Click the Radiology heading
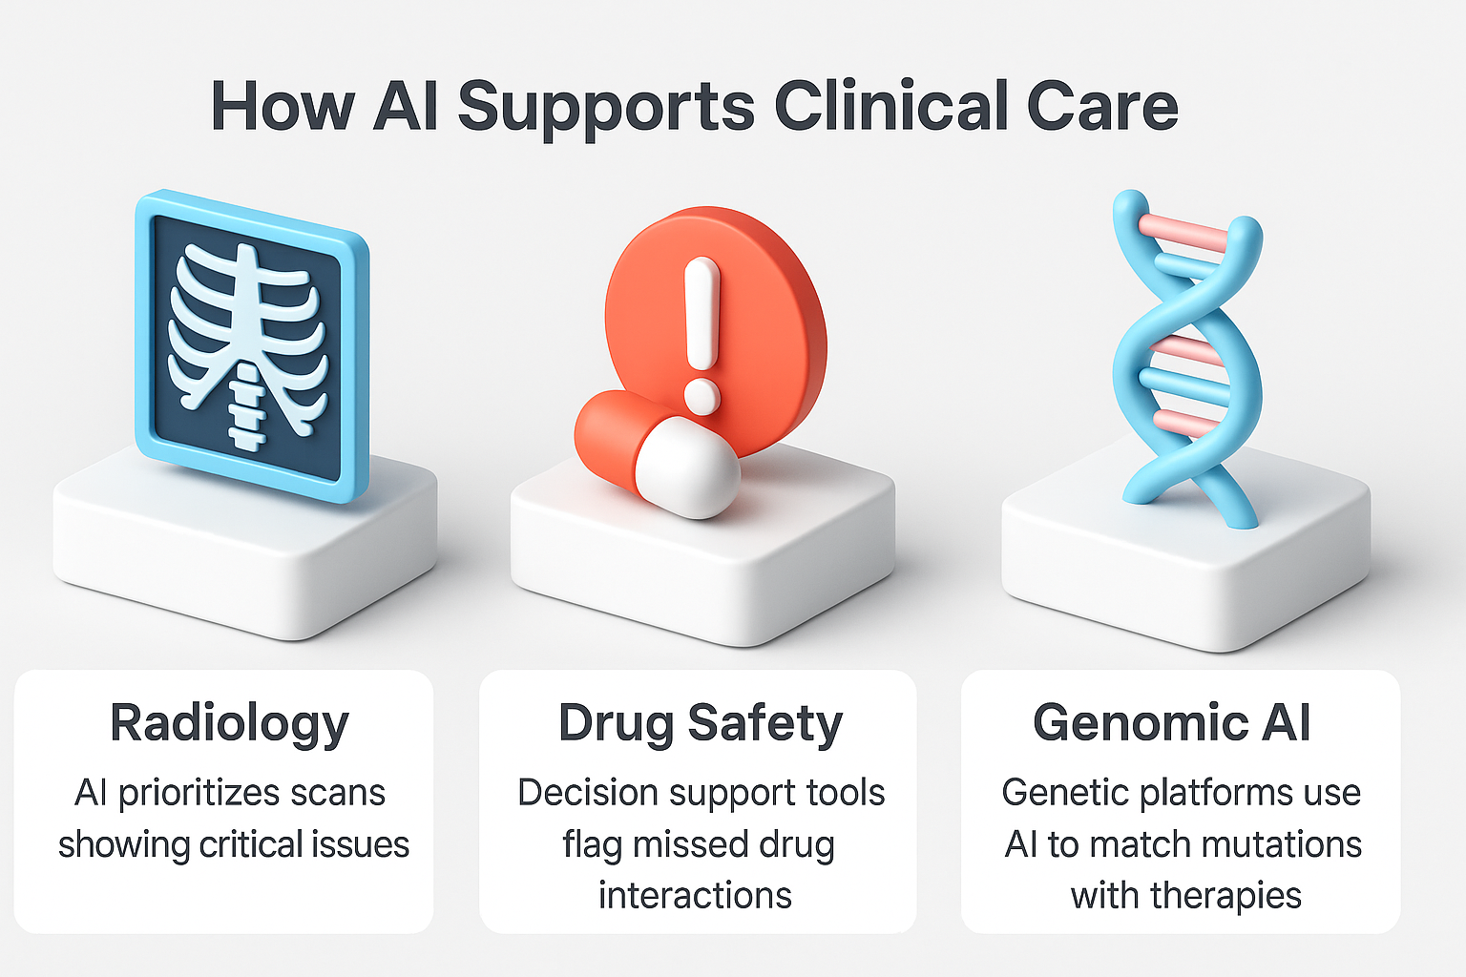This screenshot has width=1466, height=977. (x=230, y=725)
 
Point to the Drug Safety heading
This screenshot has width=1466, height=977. (x=701, y=725)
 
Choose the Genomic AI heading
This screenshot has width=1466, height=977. (x=1171, y=722)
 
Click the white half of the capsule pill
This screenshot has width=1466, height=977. (x=687, y=468)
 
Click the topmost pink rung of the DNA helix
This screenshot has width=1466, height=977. (x=1183, y=233)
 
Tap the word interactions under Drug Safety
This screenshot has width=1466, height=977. (x=695, y=895)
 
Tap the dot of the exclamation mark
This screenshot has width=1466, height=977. (x=702, y=397)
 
